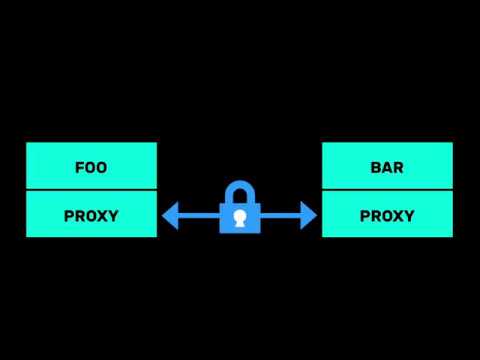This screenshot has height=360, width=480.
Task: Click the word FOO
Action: coord(91,167)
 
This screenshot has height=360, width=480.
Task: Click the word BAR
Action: coord(387,167)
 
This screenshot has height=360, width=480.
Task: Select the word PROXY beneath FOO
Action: coord(91,215)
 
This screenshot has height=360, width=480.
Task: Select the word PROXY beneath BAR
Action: coord(387,215)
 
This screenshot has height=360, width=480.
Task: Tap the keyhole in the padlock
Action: coord(239,217)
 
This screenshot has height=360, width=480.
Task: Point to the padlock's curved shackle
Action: coord(239,190)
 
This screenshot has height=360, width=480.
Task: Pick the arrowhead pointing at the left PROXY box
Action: coord(168,214)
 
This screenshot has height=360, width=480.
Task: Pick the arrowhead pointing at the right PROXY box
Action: coord(310,214)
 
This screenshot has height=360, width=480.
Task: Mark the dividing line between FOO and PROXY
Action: coord(91,190)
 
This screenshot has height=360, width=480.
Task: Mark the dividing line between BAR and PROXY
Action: coord(387,190)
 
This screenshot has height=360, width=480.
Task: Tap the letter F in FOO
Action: coord(79,167)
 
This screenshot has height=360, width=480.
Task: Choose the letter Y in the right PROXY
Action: coord(410,215)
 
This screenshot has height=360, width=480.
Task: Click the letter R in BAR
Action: coord(399,167)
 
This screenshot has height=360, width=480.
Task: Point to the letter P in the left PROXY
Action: coord(69,215)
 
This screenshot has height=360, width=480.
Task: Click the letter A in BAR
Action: coord(387,167)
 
